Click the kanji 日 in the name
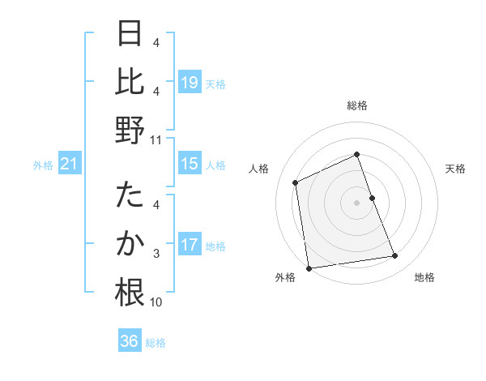point(130,34)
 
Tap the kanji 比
point(130,81)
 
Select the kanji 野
point(130,131)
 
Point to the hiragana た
point(130,196)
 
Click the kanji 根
point(130,293)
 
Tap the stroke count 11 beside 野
point(156,139)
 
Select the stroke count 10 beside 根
point(156,302)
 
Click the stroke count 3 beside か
point(156,253)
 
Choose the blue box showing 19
point(190,82)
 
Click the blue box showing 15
point(190,165)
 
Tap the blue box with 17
point(190,245)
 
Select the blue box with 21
point(69,165)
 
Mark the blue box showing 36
point(130,341)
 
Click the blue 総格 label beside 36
point(156,343)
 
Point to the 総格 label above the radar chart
point(357,105)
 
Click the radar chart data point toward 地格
point(395,256)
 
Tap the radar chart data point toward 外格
point(309,268)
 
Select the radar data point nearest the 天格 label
point(372,197)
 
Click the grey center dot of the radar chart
point(356,203)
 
